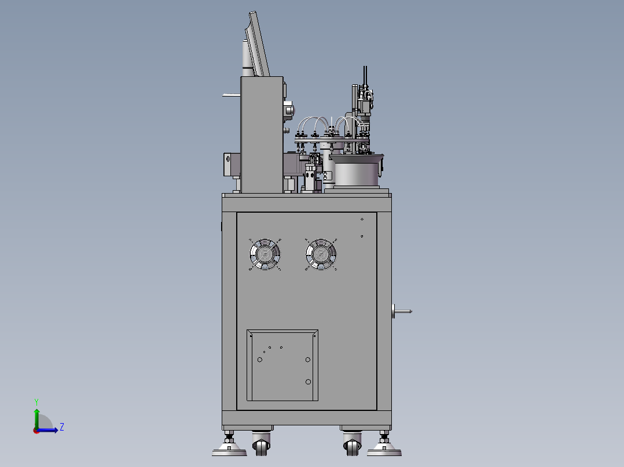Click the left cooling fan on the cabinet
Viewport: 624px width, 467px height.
[x=265, y=254]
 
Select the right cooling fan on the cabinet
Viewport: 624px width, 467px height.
[x=321, y=254]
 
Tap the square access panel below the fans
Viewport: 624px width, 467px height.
[x=282, y=365]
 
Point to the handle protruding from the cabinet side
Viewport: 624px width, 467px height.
[x=401, y=311]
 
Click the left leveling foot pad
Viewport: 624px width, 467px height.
[x=229, y=450]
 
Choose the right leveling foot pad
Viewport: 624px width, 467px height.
[x=384, y=450]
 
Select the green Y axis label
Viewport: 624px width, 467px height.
[x=36, y=402]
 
